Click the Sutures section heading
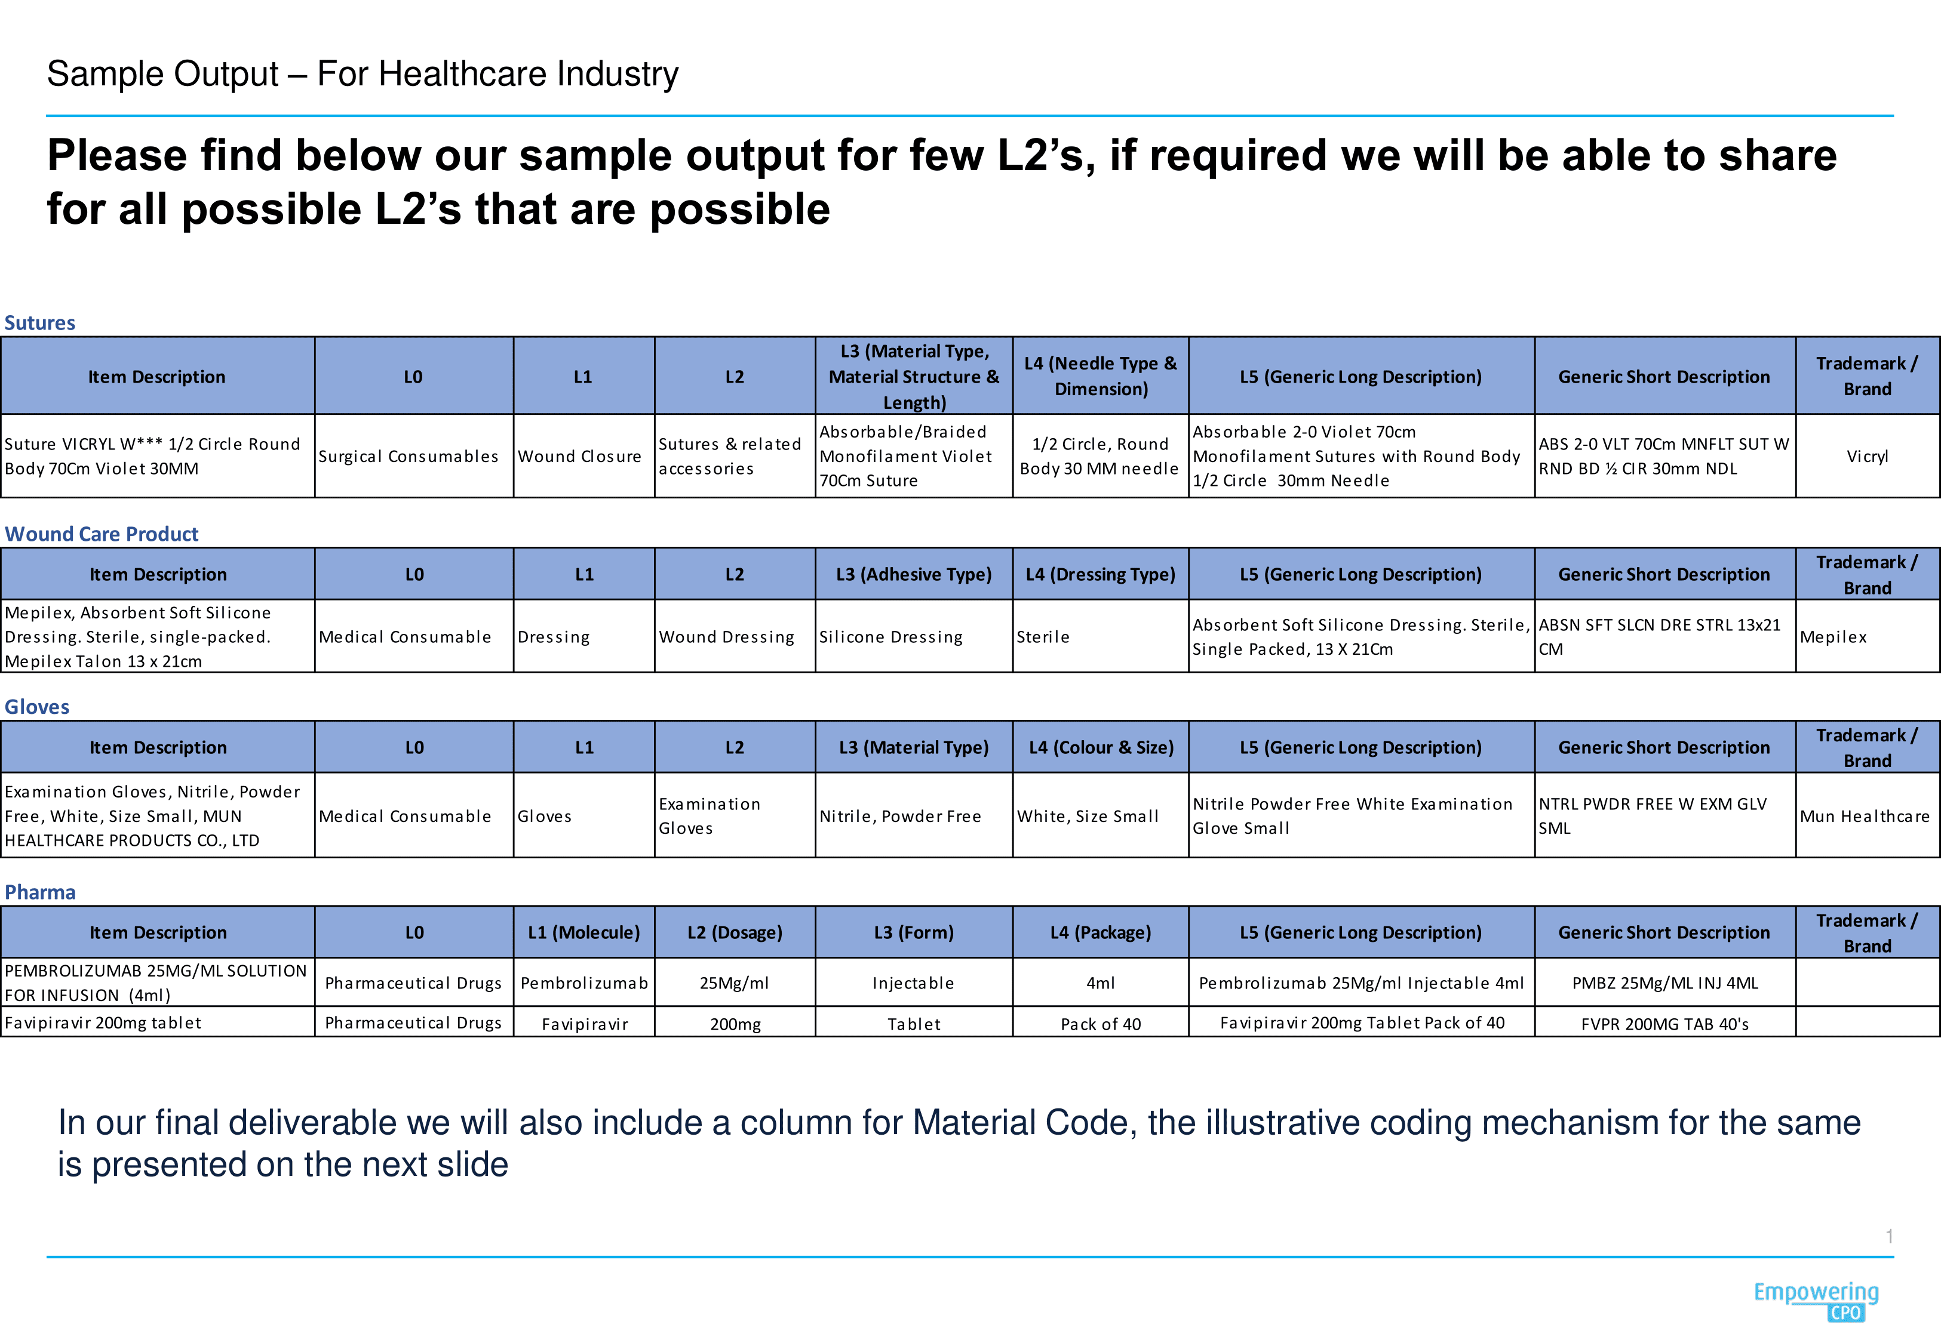(x=39, y=323)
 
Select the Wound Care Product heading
(x=102, y=534)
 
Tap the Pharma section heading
(x=39, y=892)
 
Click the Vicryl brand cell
(x=1867, y=456)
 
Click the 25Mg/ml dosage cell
(x=734, y=983)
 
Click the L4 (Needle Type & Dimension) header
(x=1100, y=376)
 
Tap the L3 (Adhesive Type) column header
(x=913, y=575)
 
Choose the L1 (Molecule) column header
(x=583, y=932)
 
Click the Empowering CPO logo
(x=1816, y=1300)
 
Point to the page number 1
(x=1889, y=1236)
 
